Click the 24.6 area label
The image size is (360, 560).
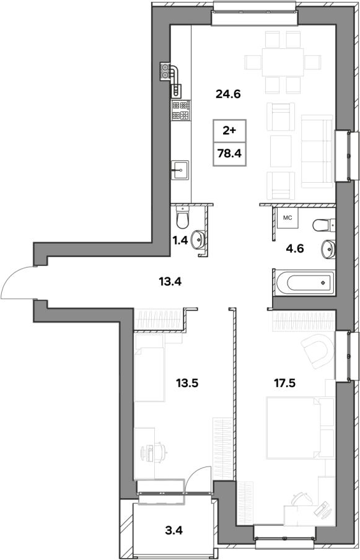click(229, 94)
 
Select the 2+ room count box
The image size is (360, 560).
click(230, 131)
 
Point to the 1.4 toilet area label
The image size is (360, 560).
click(180, 240)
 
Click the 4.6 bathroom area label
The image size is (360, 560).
click(295, 248)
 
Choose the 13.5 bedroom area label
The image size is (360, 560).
click(187, 383)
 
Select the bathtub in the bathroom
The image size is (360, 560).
click(305, 282)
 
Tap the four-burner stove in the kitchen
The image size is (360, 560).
click(181, 110)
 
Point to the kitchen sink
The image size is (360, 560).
click(180, 170)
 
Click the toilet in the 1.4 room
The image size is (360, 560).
click(183, 218)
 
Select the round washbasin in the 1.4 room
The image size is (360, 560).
click(198, 240)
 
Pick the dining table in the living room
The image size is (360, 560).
click(283, 62)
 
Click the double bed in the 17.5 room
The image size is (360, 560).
click(301, 428)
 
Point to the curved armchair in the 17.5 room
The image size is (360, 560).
click(318, 351)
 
